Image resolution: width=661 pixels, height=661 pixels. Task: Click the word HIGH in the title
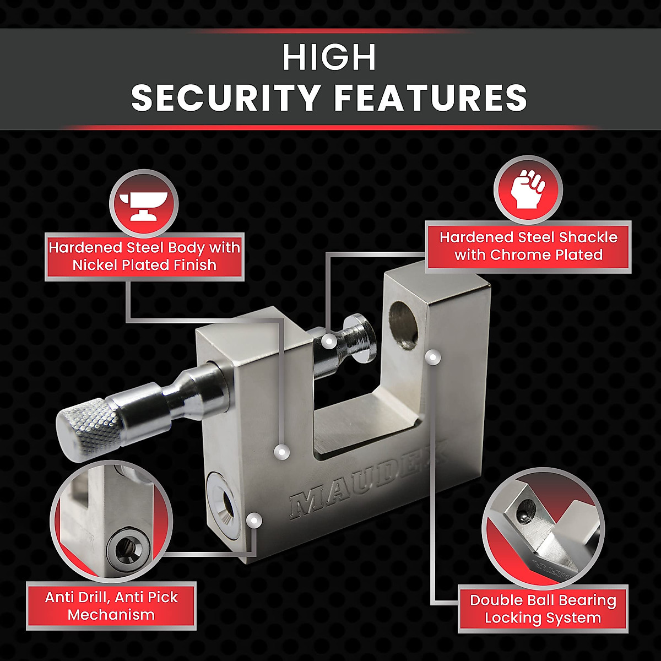tap(329, 57)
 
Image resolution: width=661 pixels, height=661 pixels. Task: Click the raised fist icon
tap(527, 189)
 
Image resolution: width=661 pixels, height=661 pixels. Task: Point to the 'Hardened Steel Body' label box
tap(144, 257)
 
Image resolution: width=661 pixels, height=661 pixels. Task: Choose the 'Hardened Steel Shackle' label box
tap(528, 246)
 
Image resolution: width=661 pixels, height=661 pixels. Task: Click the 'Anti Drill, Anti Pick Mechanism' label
tap(111, 605)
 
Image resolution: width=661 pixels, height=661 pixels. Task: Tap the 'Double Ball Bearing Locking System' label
tap(543, 609)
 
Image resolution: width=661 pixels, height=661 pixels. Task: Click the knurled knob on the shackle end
tap(88, 427)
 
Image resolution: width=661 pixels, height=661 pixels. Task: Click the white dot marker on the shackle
tap(329, 342)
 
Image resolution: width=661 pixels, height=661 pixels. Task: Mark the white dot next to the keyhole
tap(254, 519)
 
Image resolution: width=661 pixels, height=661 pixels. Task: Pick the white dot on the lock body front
tap(282, 452)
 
